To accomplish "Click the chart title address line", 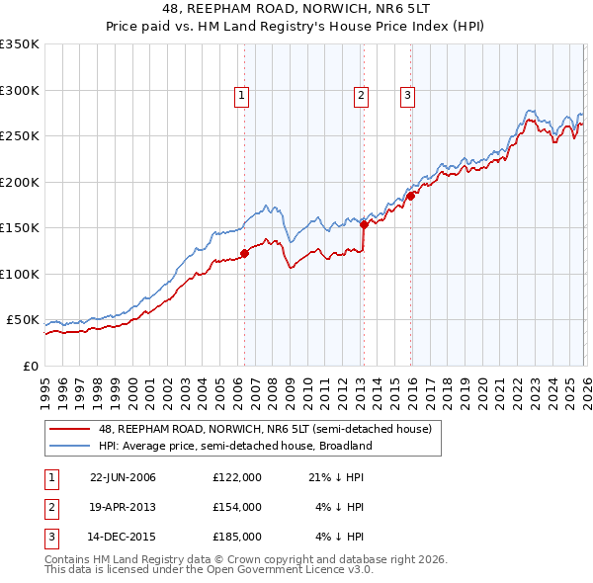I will [296, 9].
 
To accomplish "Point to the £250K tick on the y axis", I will [20, 136].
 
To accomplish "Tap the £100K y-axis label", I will [20, 274].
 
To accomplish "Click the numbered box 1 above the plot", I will [242, 96].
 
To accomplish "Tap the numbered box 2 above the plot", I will [362, 96].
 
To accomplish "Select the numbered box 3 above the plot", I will [407, 96].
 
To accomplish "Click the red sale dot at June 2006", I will [244, 253].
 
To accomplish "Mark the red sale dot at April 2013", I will [363, 224].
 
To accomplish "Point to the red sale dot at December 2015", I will [409, 196].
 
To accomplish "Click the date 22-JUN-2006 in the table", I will [123, 477].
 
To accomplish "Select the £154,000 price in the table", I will [236, 507].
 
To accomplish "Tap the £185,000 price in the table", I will [236, 537].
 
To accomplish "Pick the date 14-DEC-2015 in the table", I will [123, 537].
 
